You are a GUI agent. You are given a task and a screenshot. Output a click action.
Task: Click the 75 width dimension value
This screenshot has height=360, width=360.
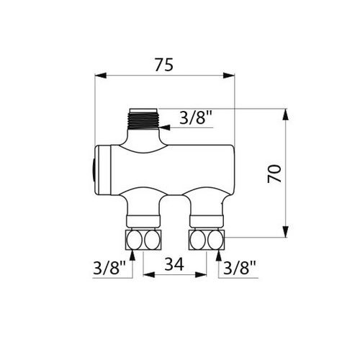pos(164,65)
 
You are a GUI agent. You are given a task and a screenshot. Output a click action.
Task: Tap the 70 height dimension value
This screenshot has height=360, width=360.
pos(274,174)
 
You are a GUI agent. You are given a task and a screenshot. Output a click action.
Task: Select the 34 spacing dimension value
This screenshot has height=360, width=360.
pos(174,264)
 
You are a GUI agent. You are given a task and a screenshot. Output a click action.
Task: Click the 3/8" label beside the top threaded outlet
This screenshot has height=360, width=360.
pos(196,117)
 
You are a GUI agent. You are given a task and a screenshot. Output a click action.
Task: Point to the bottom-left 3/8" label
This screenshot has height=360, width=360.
pos(109,267)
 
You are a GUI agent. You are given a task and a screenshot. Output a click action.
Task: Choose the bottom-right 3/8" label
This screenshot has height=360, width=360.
pos(240,267)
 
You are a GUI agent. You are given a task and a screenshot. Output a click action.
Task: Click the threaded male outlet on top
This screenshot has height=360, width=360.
pos(143,120)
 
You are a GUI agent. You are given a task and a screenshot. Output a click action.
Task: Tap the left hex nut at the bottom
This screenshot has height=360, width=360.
pos(143,240)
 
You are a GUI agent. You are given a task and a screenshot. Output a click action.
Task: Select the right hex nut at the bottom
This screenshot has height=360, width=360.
pos(207,240)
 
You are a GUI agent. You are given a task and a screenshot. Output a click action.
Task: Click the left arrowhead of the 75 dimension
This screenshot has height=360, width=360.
pos(101,75)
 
